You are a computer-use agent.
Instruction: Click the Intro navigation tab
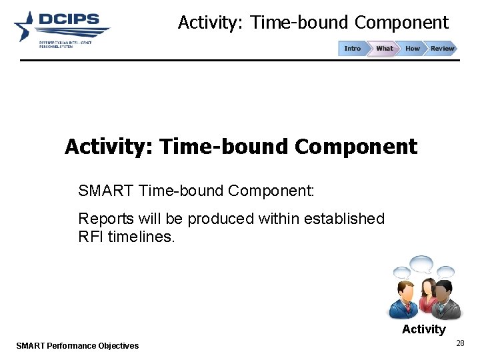coord(353,49)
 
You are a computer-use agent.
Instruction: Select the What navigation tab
coord(384,49)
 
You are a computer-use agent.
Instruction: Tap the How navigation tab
coord(413,49)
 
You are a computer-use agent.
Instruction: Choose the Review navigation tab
coord(442,49)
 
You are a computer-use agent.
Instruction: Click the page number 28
coord(459,343)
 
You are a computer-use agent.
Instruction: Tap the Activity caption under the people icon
coord(423,329)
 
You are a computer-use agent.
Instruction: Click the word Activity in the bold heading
coord(109,147)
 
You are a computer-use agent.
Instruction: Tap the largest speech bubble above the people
coord(422,265)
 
